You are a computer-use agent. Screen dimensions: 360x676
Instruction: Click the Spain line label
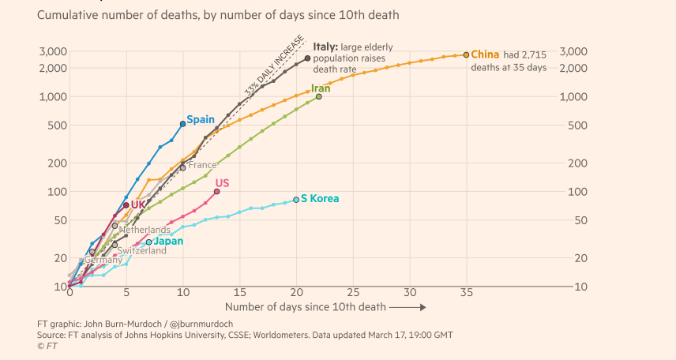pos(201,119)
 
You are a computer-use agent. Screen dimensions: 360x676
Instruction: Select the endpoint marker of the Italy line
pos(307,58)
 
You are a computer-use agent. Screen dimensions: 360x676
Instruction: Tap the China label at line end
pos(485,54)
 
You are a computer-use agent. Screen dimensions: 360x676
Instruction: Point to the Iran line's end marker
pos(318,96)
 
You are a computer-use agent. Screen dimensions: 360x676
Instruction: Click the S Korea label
pos(320,199)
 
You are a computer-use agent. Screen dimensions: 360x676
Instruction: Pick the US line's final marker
pos(216,191)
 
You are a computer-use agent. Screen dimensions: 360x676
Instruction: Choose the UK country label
pos(138,204)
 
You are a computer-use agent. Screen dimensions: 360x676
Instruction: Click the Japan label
pos(167,241)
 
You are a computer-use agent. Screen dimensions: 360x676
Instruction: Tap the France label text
pos(202,165)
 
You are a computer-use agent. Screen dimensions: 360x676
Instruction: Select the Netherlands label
pos(144,230)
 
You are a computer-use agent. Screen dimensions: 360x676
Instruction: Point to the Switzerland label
pos(141,251)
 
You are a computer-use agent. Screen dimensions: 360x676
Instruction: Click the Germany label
pos(103,260)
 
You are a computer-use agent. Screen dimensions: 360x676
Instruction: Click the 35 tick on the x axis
pos(466,292)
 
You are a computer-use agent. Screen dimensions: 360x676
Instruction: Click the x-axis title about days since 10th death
pos(305,306)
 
